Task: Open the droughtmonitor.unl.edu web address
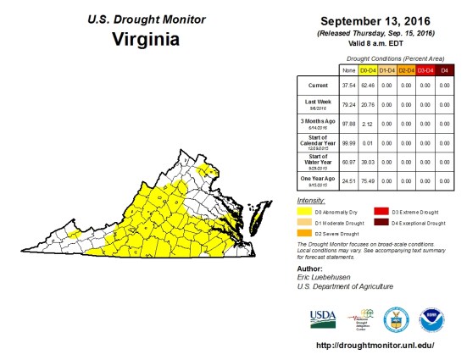click(375, 346)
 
